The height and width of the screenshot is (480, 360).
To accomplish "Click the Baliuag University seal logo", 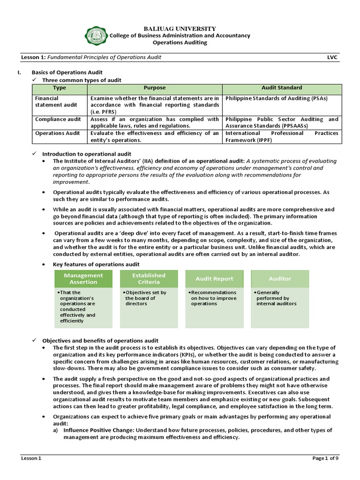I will point(96,36).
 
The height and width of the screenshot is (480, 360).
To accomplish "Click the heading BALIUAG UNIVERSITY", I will point(180,29).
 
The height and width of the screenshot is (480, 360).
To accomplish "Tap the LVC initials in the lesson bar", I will point(332,57).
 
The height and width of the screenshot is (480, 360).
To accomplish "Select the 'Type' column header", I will point(60,88).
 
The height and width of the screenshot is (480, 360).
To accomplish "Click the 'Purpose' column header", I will point(154,88).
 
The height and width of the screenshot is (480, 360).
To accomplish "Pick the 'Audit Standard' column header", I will point(281,88).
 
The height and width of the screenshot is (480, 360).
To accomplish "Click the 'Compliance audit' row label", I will point(58,120).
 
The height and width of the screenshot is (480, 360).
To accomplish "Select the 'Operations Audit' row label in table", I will point(57,133).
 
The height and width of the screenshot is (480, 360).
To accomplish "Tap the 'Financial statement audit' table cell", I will point(52,102).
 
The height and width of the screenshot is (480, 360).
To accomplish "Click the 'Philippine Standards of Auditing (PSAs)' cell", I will point(276,98).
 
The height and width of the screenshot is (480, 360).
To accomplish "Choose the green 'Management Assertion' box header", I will point(83,279).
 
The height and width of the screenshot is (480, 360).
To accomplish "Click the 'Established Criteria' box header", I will point(149,279).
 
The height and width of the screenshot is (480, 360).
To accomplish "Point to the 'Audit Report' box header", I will point(214,279).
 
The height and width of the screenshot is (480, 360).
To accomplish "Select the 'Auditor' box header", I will point(280,279).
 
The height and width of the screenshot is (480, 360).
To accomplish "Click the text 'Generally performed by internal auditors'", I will point(277,298).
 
